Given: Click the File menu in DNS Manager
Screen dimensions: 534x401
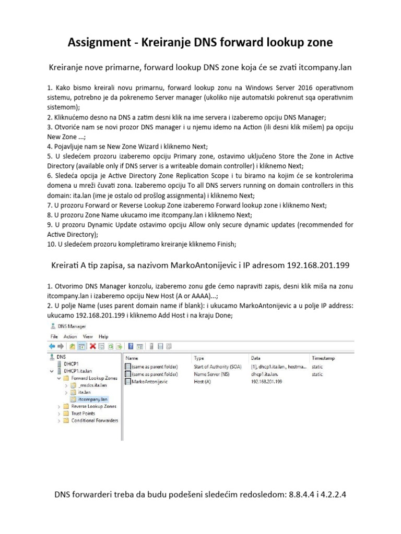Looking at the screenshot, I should click(54, 337).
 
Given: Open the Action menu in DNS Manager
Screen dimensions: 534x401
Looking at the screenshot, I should click(70, 337).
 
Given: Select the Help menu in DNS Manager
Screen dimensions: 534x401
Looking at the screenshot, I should click(103, 337).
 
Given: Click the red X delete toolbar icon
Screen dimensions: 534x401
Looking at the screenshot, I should click(92, 346).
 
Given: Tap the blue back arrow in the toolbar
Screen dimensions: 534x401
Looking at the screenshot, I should click(52, 346).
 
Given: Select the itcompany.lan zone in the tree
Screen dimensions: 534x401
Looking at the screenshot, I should click(89, 398).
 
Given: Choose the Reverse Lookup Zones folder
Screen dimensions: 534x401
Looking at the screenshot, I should click(94, 406).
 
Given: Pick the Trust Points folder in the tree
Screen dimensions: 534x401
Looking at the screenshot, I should click(83, 413).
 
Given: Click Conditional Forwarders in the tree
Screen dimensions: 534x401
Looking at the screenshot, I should click(95, 420).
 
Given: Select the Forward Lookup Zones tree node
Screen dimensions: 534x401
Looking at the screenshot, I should click(93, 378).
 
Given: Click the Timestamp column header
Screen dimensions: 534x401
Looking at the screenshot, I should click(323, 358).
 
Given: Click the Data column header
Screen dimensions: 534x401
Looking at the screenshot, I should click(256, 358).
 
